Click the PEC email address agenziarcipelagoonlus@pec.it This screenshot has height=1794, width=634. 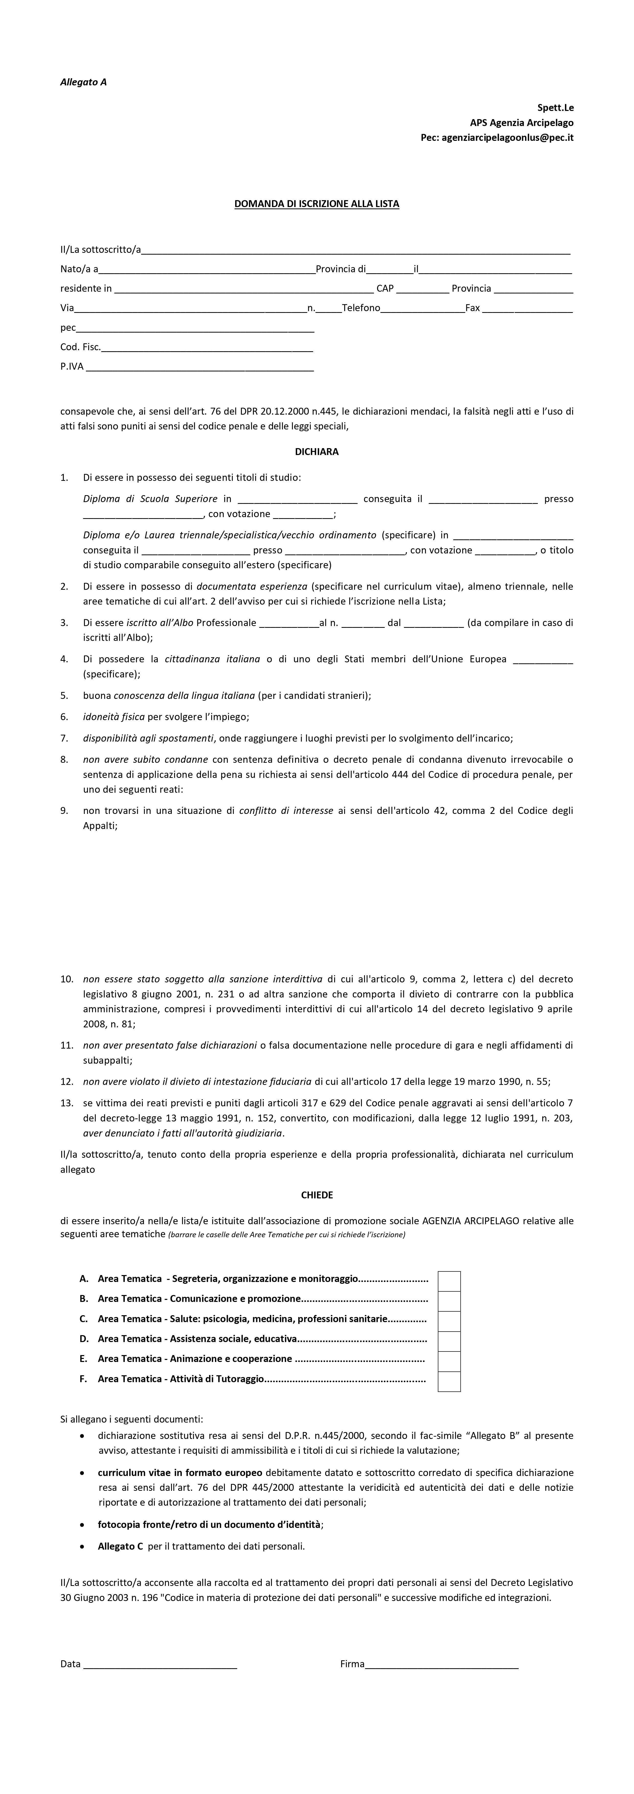[507, 138]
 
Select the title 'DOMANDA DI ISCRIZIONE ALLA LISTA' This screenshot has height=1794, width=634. [316, 204]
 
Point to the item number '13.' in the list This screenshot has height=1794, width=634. [67, 1103]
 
